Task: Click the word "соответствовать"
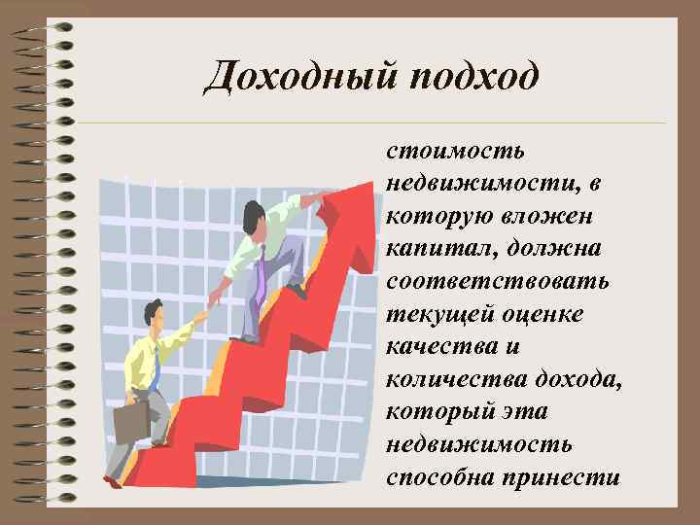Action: coord(498,282)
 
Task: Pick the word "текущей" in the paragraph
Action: coord(437,315)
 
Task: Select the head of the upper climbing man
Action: coord(255,216)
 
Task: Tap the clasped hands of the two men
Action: coord(206,311)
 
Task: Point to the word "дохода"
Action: coord(577,380)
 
